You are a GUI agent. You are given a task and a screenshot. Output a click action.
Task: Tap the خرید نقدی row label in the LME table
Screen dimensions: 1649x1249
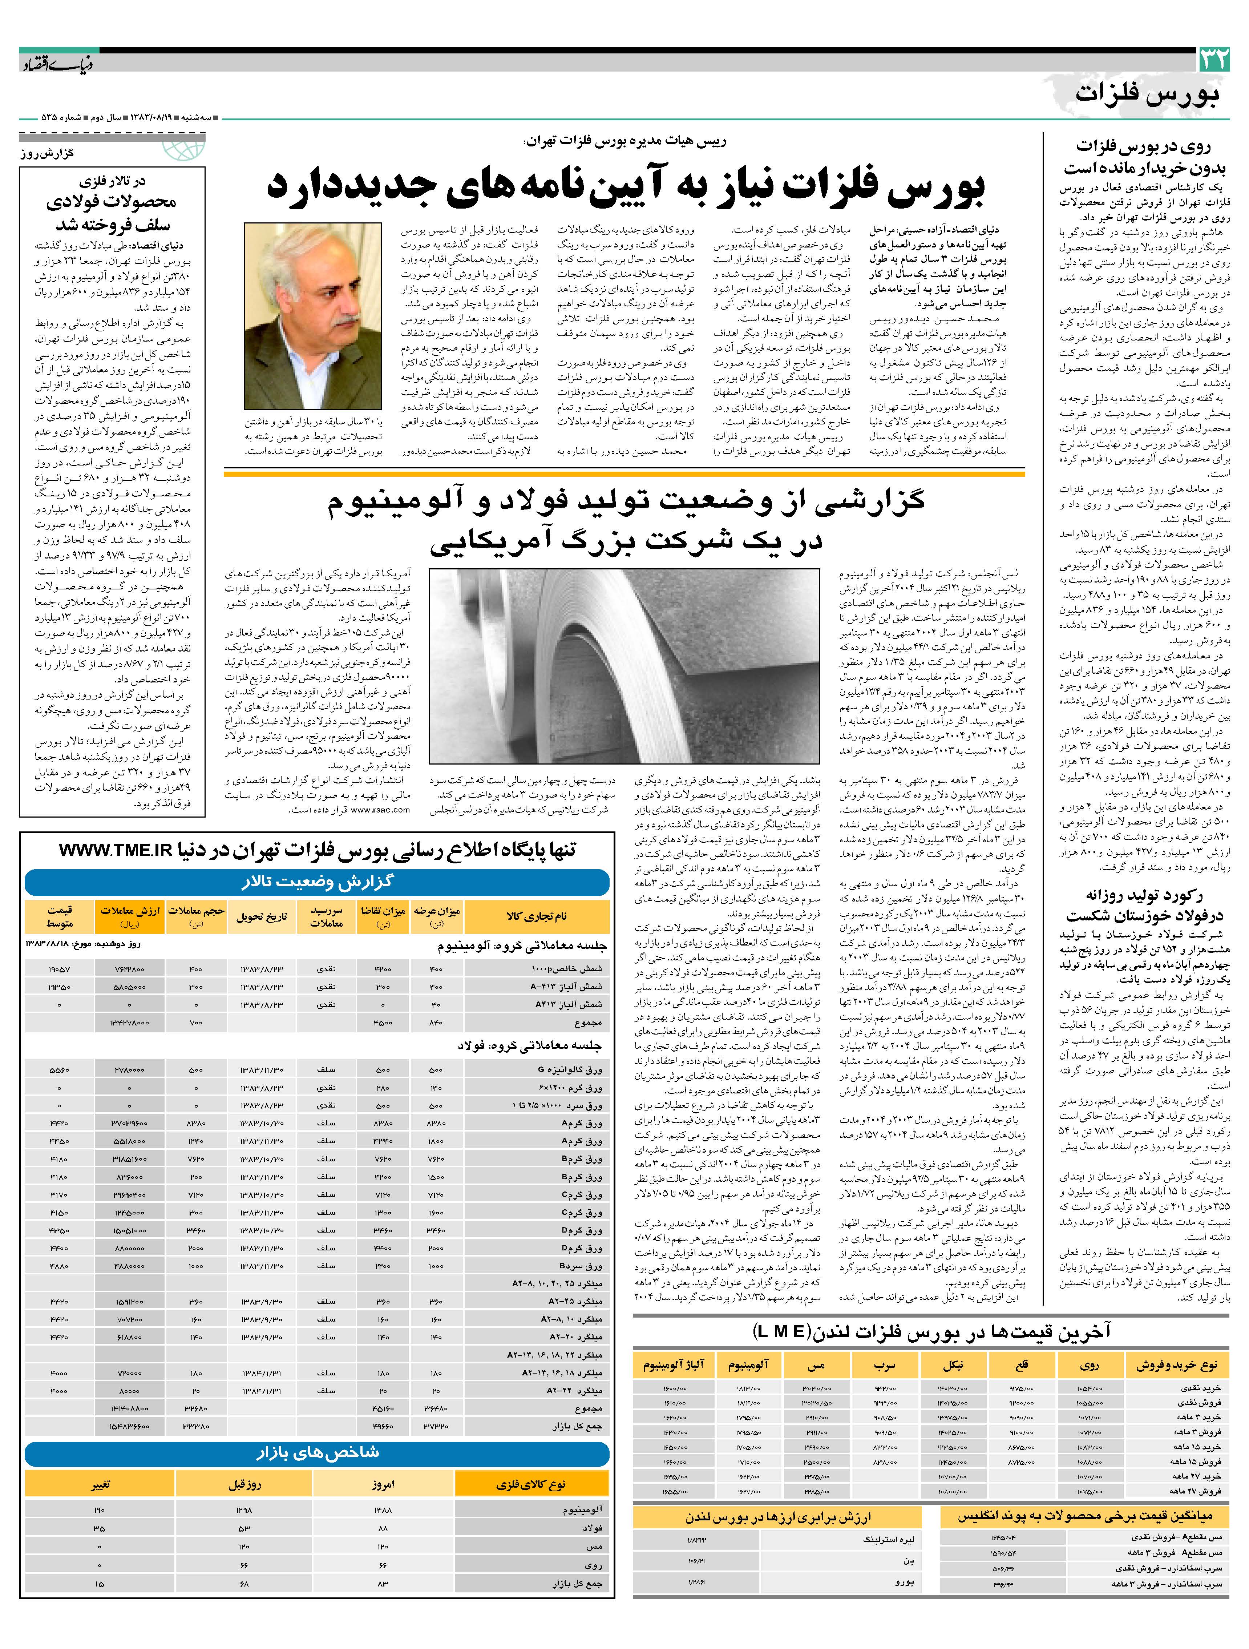(x=1197, y=1388)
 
